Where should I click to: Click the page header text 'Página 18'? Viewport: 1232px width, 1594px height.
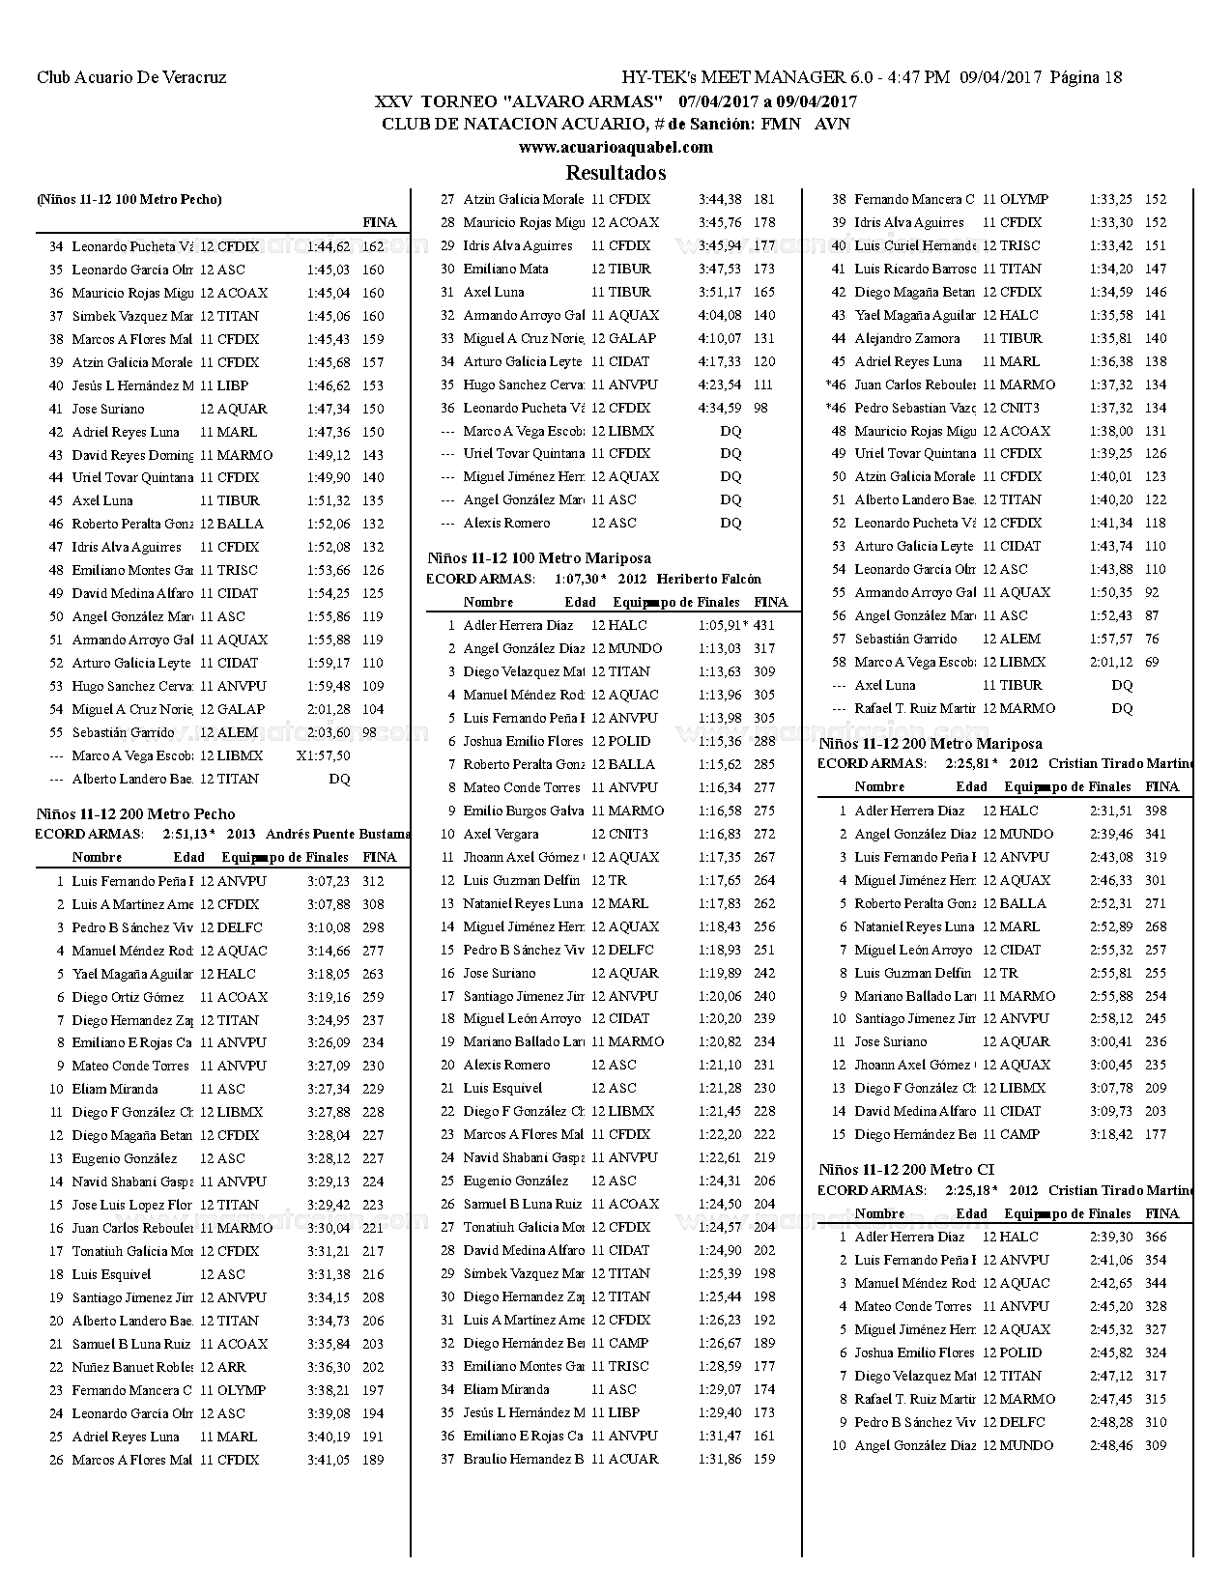point(1085,77)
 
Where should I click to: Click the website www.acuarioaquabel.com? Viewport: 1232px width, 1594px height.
point(616,147)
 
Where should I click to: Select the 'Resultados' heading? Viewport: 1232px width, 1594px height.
point(616,173)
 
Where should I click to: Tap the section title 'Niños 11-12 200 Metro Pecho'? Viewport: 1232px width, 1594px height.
point(135,813)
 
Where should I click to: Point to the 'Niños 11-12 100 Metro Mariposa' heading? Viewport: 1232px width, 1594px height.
point(539,557)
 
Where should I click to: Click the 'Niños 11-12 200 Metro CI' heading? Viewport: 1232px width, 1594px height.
point(906,1169)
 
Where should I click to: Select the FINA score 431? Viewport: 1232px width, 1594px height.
point(764,625)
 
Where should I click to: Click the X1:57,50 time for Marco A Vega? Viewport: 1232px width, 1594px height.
point(324,755)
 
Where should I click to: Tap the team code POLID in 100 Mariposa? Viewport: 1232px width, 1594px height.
point(629,741)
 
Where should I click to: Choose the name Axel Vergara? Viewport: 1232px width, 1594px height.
point(500,834)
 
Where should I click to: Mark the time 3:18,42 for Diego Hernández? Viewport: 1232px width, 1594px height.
point(1110,1134)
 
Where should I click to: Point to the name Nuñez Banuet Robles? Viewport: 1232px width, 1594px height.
point(132,1367)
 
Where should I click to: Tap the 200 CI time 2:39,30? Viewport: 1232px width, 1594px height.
point(1110,1237)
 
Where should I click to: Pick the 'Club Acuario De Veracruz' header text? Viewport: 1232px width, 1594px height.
point(131,77)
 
